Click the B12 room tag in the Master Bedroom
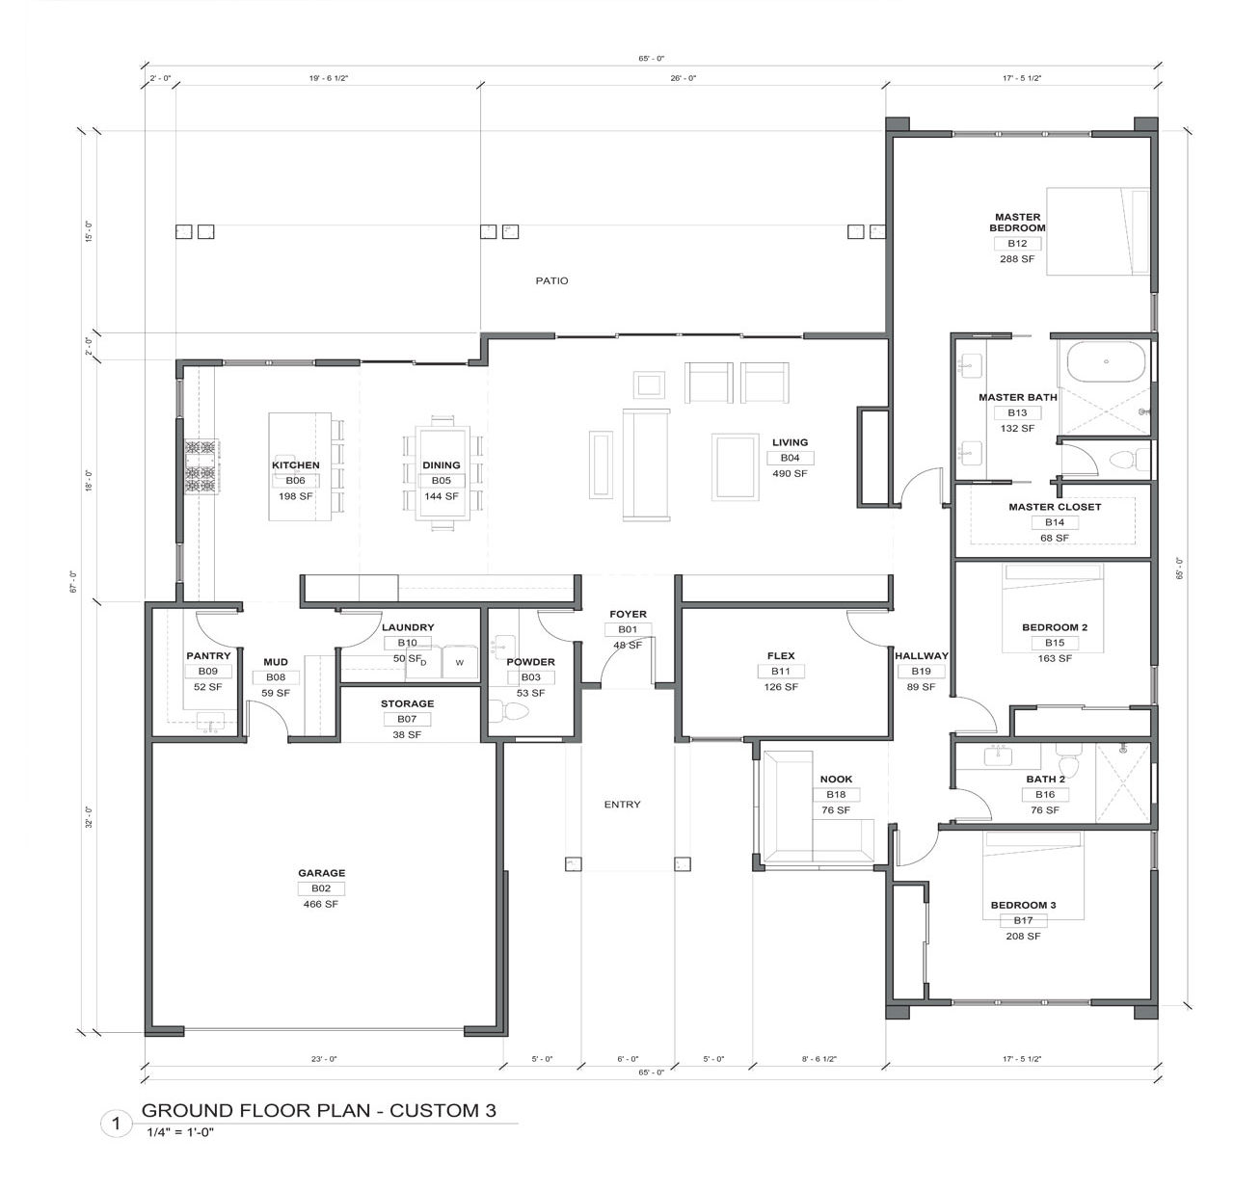click(x=1016, y=244)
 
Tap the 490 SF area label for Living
click(x=790, y=473)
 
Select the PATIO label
click(x=551, y=280)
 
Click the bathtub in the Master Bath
click(x=1107, y=362)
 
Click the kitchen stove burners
click(x=201, y=467)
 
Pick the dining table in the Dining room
click(x=442, y=473)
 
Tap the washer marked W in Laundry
click(x=460, y=662)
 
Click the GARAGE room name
click(x=321, y=873)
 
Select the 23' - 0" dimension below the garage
click(x=324, y=1059)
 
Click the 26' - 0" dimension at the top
click(x=683, y=78)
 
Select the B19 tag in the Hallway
click(x=921, y=672)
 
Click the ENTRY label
click(x=622, y=805)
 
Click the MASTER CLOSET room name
click(x=1055, y=507)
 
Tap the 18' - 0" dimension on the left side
click(x=89, y=481)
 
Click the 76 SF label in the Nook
click(x=835, y=810)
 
